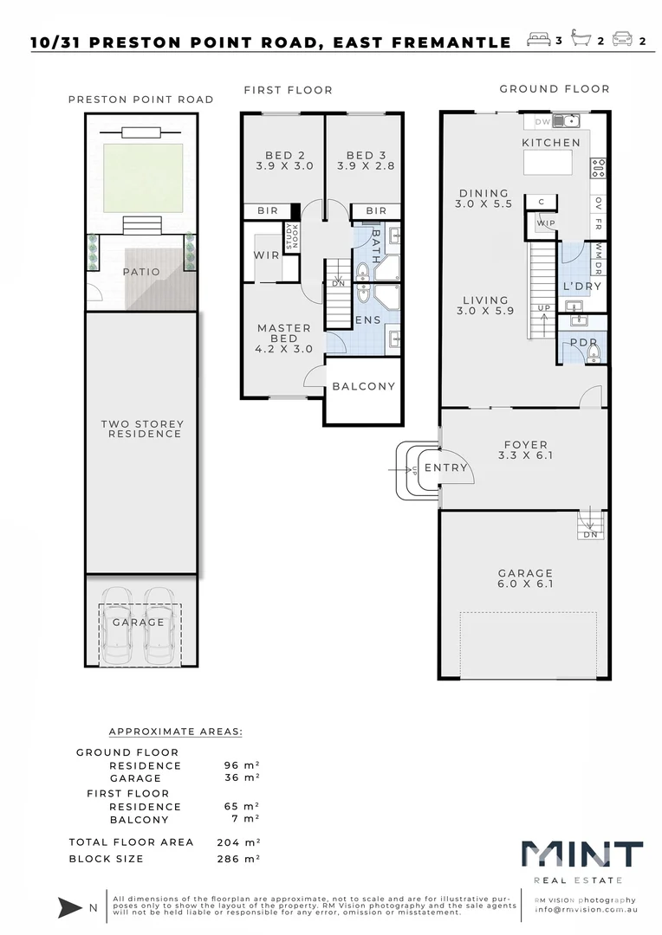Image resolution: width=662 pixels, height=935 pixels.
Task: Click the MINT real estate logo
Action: pyautogui.click(x=582, y=861)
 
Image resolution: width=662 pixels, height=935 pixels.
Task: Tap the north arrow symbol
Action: pyautogui.click(x=70, y=907)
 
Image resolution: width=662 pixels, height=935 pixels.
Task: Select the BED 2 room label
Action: pyautogui.click(x=285, y=160)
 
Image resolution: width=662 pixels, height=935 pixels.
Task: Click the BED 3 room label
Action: pyautogui.click(x=366, y=160)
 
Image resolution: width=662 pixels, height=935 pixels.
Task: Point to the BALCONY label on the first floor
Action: pyautogui.click(x=364, y=386)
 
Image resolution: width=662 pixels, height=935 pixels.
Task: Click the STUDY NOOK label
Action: pyautogui.click(x=292, y=236)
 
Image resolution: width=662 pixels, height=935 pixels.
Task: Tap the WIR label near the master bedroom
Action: pyautogui.click(x=266, y=255)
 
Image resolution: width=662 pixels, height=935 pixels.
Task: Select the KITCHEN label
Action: pyautogui.click(x=551, y=143)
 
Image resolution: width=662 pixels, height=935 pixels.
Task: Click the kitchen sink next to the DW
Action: pyautogui.click(x=566, y=121)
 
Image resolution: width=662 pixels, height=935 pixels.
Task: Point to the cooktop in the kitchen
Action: pyautogui.click(x=598, y=168)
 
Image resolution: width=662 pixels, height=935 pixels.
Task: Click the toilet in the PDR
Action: pyautogui.click(x=594, y=354)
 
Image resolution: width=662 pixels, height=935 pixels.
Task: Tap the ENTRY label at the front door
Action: pyautogui.click(x=446, y=468)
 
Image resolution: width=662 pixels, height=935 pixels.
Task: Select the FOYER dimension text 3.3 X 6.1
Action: pyautogui.click(x=525, y=455)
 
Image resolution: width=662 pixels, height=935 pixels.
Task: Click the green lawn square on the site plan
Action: pyautogui.click(x=143, y=178)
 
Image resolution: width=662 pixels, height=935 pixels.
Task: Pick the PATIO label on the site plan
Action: pyautogui.click(x=141, y=272)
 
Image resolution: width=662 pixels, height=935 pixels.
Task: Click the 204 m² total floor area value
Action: pyautogui.click(x=238, y=842)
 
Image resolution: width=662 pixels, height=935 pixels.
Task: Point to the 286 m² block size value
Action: pyautogui.click(x=238, y=859)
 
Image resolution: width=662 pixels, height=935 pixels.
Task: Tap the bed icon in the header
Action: pyautogui.click(x=538, y=39)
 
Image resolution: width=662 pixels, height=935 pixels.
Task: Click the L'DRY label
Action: pyautogui.click(x=582, y=287)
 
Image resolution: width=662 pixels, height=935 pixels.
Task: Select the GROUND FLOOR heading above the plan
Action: pyautogui.click(x=555, y=89)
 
